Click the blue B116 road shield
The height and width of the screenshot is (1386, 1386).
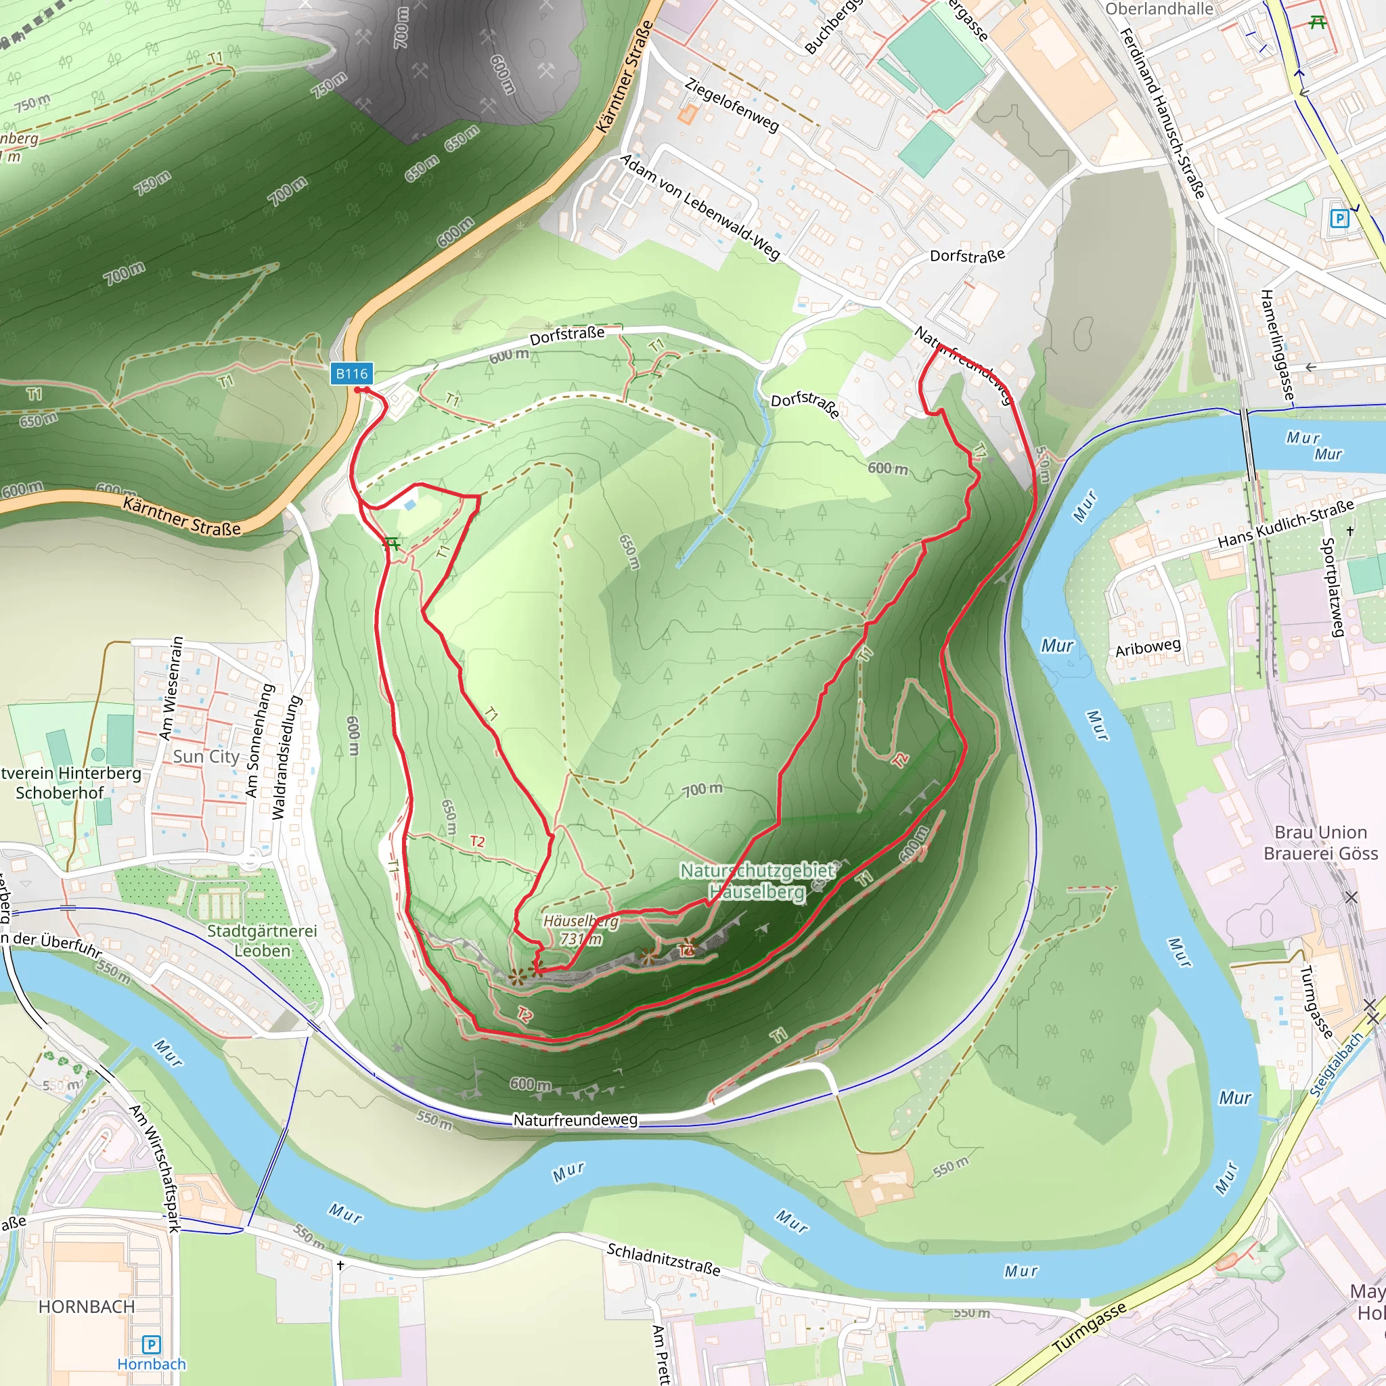(x=351, y=373)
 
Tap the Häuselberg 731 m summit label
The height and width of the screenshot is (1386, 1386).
(x=581, y=929)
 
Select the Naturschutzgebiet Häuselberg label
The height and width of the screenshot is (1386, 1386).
(x=757, y=881)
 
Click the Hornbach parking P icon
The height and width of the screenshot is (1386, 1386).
(x=151, y=1343)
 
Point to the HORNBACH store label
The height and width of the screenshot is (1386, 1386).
(x=86, y=1306)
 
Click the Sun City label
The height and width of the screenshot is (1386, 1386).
(x=206, y=756)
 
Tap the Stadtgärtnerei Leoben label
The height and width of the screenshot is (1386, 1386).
(x=262, y=940)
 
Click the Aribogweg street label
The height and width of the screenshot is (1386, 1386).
(x=1147, y=647)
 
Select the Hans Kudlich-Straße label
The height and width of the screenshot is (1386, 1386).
(x=1286, y=524)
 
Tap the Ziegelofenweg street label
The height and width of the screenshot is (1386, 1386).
(x=731, y=105)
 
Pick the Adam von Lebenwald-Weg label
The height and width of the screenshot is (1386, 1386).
(x=700, y=206)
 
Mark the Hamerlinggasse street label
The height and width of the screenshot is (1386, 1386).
(x=1278, y=345)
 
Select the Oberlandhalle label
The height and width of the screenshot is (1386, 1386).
(x=1159, y=9)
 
